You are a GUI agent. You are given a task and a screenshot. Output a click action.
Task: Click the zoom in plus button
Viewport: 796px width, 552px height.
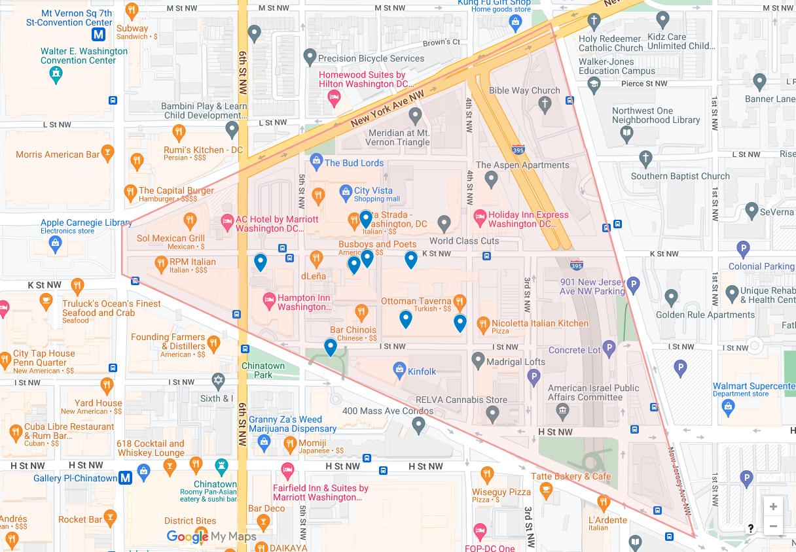coord(773,507)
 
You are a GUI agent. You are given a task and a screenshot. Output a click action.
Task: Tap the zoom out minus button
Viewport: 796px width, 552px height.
coord(773,526)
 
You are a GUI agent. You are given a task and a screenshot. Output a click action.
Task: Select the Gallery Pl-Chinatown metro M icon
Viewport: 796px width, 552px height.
coord(125,478)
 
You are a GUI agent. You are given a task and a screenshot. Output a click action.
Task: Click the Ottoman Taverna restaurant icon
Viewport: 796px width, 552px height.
coord(460,302)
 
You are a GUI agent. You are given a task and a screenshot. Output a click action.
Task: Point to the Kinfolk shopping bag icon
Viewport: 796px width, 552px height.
coord(399,371)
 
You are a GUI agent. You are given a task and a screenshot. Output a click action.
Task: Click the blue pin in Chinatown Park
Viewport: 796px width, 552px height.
coord(331,347)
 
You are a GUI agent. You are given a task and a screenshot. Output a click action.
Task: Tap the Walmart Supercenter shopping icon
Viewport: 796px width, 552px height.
coord(728,406)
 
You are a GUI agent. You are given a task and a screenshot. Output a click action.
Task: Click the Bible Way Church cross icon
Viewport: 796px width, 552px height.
coord(545,103)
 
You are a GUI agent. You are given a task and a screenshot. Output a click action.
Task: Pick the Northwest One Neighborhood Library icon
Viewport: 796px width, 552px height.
coord(627,134)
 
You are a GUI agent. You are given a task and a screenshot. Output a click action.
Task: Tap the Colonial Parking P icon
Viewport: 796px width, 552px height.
coord(743,249)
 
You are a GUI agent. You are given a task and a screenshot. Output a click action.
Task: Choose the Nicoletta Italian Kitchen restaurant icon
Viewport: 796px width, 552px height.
coord(483,323)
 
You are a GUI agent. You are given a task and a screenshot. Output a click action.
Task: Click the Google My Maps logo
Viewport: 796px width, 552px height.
coord(211,537)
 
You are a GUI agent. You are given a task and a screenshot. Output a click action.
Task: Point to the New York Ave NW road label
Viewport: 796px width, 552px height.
coord(388,109)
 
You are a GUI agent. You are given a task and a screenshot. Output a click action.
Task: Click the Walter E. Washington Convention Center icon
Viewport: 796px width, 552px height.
coord(56,75)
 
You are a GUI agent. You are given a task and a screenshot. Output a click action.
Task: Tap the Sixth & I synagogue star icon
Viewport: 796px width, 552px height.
coord(219,381)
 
